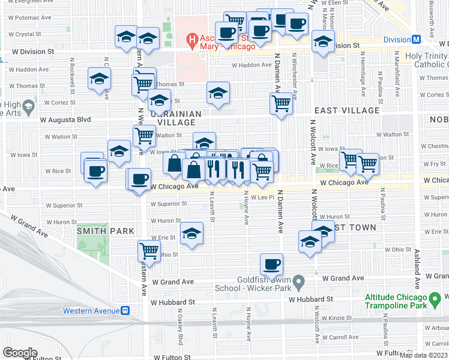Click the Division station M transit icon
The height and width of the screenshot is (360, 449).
[415, 40]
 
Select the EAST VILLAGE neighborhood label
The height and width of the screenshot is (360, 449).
[347, 110]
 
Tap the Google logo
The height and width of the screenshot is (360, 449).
[20, 353]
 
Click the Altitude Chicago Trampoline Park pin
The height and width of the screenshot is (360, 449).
[436, 298]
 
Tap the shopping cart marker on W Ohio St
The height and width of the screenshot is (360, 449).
[149, 251]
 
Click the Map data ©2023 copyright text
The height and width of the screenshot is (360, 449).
[423, 355]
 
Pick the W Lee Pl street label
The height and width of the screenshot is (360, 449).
[262, 197]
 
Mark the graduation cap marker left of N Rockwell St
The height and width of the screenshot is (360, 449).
[99, 79]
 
